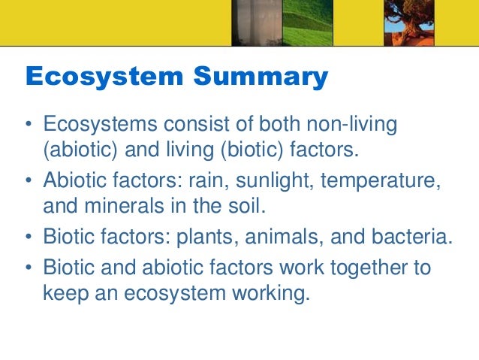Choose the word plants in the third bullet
point(202,237)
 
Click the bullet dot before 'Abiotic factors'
point(29,181)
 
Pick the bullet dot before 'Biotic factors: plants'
point(29,238)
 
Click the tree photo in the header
point(410,18)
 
